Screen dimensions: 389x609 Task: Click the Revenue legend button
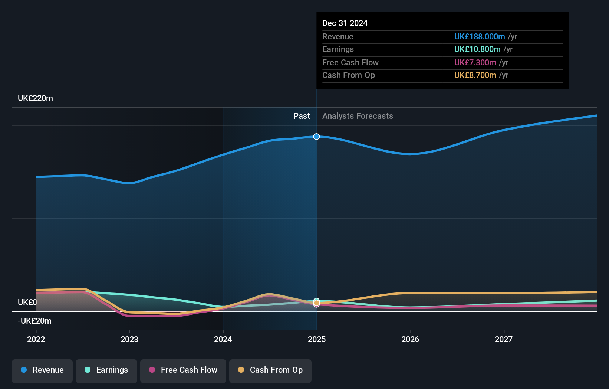(42, 370)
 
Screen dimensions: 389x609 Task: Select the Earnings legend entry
(106, 370)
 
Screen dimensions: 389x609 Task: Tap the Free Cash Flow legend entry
(183, 370)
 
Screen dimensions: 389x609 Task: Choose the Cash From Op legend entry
(270, 370)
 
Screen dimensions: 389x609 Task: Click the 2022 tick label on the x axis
(36, 339)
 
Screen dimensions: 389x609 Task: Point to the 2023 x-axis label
(129, 339)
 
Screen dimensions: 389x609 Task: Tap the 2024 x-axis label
(223, 339)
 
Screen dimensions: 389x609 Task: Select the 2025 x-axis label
(317, 339)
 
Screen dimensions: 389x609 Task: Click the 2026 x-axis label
(410, 339)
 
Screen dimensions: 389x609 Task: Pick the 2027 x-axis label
(504, 339)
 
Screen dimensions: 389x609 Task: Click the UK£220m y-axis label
(35, 98)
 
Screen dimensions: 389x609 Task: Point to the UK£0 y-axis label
(27, 303)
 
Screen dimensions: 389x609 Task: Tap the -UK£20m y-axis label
(34, 321)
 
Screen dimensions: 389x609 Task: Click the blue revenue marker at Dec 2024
(316, 137)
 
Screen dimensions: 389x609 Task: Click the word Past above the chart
(302, 116)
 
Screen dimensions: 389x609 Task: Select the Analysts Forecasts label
(358, 116)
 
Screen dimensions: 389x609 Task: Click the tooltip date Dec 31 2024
(345, 23)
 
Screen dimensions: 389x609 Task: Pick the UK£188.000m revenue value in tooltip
(480, 37)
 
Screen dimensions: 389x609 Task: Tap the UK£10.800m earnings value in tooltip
(477, 49)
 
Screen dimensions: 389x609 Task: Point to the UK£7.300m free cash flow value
(475, 63)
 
